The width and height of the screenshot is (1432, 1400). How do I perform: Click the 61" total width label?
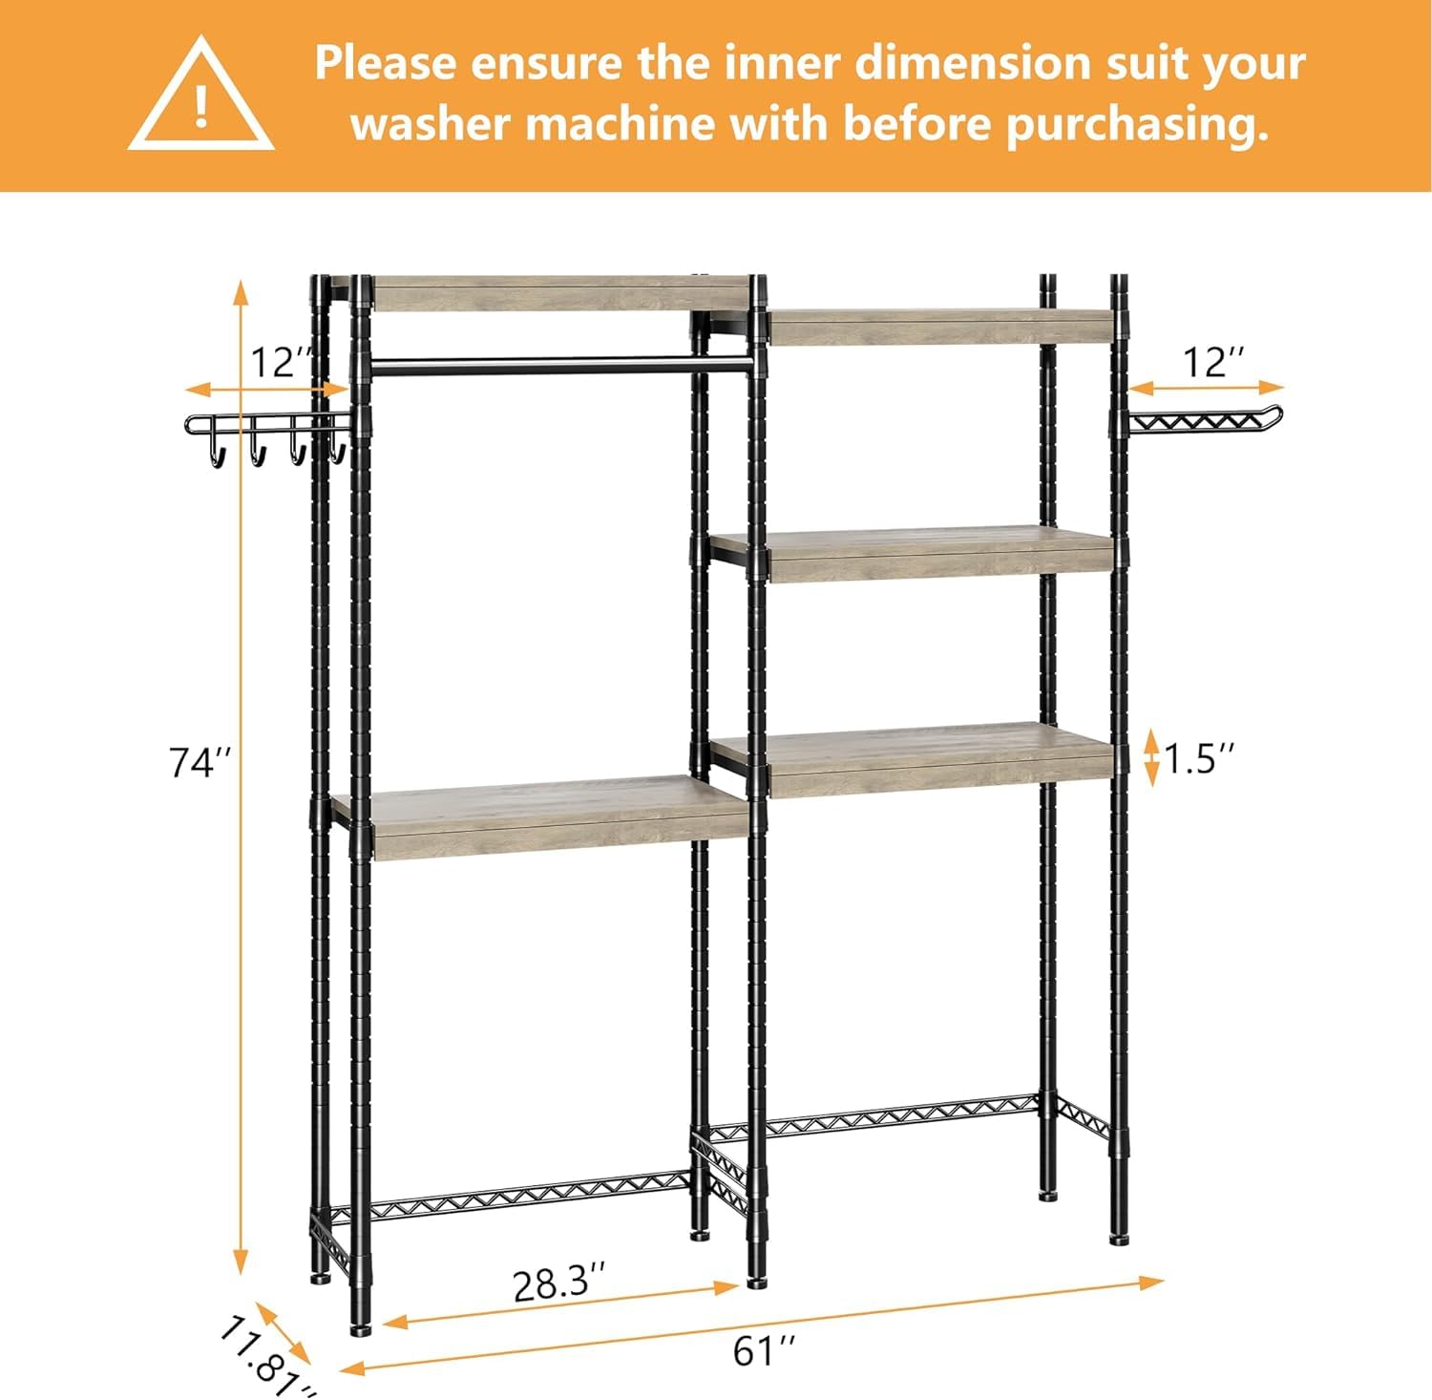764,1351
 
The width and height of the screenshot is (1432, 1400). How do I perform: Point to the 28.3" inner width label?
558,1283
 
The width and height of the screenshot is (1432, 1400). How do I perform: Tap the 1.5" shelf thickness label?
1199,758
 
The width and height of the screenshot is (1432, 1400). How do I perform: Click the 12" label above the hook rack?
281,363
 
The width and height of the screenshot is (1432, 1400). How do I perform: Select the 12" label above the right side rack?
1213,363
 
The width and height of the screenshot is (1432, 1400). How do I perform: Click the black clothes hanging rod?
558,364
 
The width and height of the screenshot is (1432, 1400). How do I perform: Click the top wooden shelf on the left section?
558,293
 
